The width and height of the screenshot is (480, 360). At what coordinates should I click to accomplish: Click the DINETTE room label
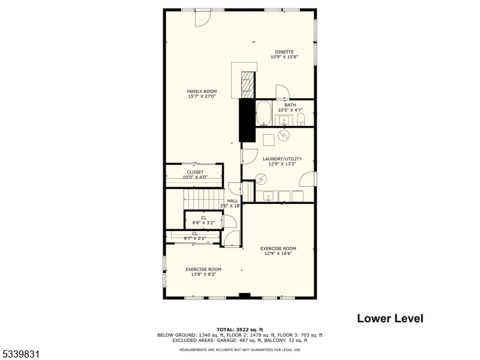(x=284, y=52)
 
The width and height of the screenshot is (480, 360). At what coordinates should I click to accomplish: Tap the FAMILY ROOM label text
(x=202, y=91)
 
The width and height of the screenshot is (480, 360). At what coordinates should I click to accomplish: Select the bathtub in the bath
(x=264, y=113)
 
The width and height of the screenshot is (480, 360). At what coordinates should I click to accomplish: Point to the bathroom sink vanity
(x=284, y=120)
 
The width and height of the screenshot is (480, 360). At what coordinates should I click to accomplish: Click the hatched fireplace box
(x=247, y=85)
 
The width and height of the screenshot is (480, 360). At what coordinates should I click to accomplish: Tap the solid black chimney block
(x=247, y=120)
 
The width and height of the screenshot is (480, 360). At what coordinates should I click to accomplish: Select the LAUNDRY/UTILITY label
(x=282, y=159)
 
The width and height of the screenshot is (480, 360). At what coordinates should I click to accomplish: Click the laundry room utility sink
(x=268, y=196)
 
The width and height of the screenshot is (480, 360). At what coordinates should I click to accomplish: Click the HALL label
(x=232, y=201)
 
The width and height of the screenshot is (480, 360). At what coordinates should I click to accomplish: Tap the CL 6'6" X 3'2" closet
(x=203, y=220)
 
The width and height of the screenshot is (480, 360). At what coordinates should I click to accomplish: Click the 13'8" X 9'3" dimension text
(x=203, y=274)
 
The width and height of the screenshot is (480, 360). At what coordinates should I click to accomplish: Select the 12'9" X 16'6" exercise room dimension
(x=278, y=253)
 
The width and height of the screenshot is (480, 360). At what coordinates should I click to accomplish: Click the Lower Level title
(x=390, y=318)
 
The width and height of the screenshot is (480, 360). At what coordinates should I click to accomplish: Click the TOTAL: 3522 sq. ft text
(x=240, y=330)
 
